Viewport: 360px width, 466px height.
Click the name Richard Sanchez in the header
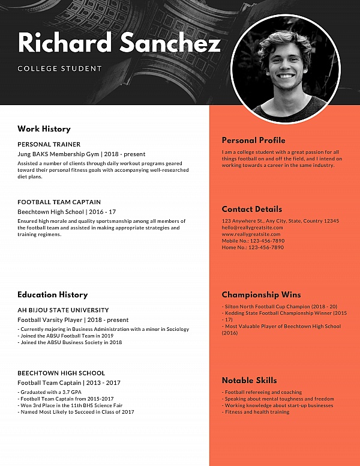click(119, 43)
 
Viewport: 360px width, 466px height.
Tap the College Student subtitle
click(60, 68)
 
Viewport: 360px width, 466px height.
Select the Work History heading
click(44, 129)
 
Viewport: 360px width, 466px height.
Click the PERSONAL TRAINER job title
click(49, 145)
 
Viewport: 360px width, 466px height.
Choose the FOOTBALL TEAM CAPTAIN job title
click(59, 202)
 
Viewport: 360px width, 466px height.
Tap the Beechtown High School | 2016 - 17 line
click(67, 211)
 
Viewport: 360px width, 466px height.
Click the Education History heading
click(52, 295)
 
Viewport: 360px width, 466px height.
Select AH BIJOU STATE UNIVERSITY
click(63, 310)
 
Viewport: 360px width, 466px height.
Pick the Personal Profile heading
click(253, 141)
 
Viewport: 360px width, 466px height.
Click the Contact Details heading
click(251, 210)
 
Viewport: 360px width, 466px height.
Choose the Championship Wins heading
click(261, 295)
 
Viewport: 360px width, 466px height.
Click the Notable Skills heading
click(249, 380)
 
